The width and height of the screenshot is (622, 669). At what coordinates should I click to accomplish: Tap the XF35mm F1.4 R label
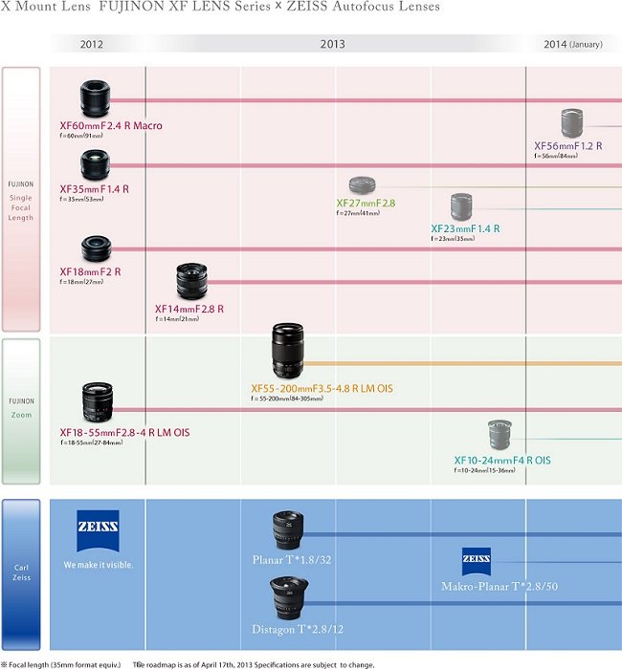tap(94, 189)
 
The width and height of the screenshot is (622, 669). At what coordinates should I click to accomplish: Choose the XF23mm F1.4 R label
tap(465, 229)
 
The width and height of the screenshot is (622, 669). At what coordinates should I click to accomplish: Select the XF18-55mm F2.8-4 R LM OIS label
tap(124, 433)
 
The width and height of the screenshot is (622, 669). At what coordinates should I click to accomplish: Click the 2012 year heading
tap(92, 45)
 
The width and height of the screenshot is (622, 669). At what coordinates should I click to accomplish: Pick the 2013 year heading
tap(332, 45)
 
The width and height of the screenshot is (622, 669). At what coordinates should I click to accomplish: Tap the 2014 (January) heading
tap(574, 45)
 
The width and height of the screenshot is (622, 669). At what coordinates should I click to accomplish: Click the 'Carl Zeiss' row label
tap(21, 573)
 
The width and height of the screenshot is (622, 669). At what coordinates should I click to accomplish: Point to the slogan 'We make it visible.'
tap(99, 565)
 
